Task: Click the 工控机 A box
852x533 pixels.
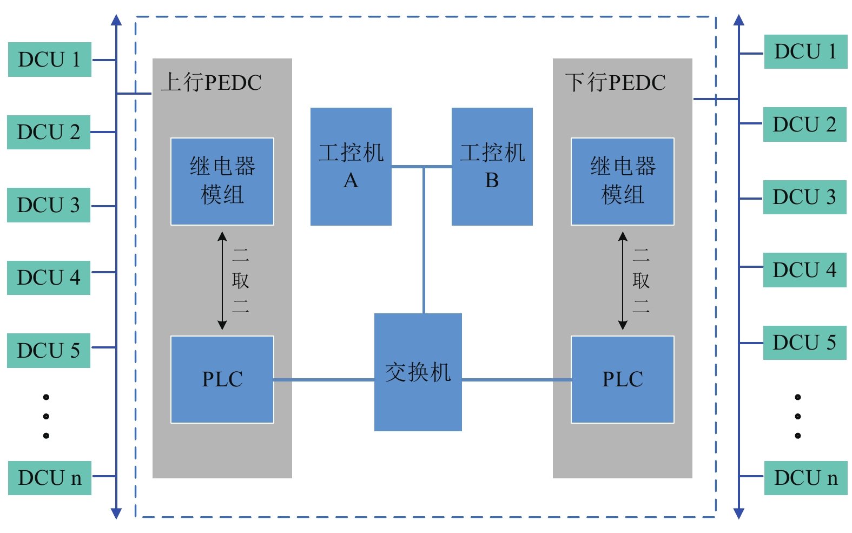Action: pyautogui.click(x=351, y=166)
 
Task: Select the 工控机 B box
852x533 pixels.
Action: pyautogui.click(x=492, y=166)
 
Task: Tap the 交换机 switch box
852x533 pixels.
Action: pyautogui.click(x=418, y=372)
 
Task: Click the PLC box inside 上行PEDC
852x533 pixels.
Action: pyautogui.click(x=222, y=379)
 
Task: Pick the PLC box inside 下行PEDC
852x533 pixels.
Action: pyautogui.click(x=622, y=379)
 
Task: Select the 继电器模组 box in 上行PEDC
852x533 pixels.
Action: pyautogui.click(x=222, y=181)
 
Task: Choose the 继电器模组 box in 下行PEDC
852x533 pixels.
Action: pyautogui.click(x=622, y=181)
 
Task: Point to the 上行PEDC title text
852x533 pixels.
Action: pyautogui.click(x=212, y=83)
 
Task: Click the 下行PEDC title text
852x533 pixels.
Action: pyautogui.click(x=616, y=83)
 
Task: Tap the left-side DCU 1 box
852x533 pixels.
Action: pyautogui.click(x=49, y=60)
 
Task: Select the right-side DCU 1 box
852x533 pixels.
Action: pyautogui.click(x=805, y=52)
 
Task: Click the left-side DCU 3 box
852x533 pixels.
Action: pyautogui.click(x=48, y=205)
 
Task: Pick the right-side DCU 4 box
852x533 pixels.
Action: pyautogui.click(x=804, y=270)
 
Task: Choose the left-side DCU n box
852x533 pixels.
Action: pyautogui.click(x=49, y=478)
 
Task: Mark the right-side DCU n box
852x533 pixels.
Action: pyautogui.click(x=805, y=478)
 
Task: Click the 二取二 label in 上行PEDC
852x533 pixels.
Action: pyautogui.click(x=240, y=280)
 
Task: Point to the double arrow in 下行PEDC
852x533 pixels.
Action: pyautogui.click(x=623, y=280)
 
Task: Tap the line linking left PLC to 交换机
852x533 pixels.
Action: pyautogui.click(x=323, y=380)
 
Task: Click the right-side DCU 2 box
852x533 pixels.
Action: pyautogui.click(x=804, y=124)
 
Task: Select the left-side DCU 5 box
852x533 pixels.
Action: pyautogui.click(x=48, y=351)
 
